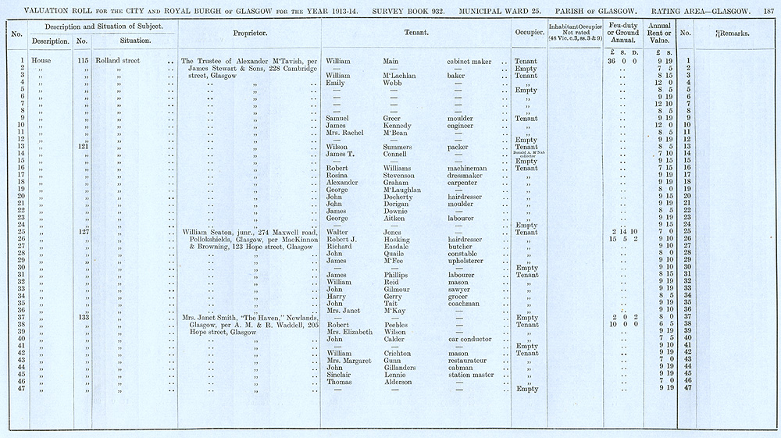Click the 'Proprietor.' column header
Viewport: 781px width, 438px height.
pyautogui.click(x=250, y=34)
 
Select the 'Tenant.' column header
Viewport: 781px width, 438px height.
pyautogui.click(x=415, y=34)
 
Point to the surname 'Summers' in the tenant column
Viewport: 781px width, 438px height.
pyautogui.click(x=399, y=146)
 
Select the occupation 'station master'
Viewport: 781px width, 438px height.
pyautogui.click(x=469, y=374)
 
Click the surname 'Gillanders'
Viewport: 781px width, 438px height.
pyautogui.click(x=402, y=367)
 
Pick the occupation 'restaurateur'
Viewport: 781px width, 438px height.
pyautogui.click(x=469, y=360)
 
